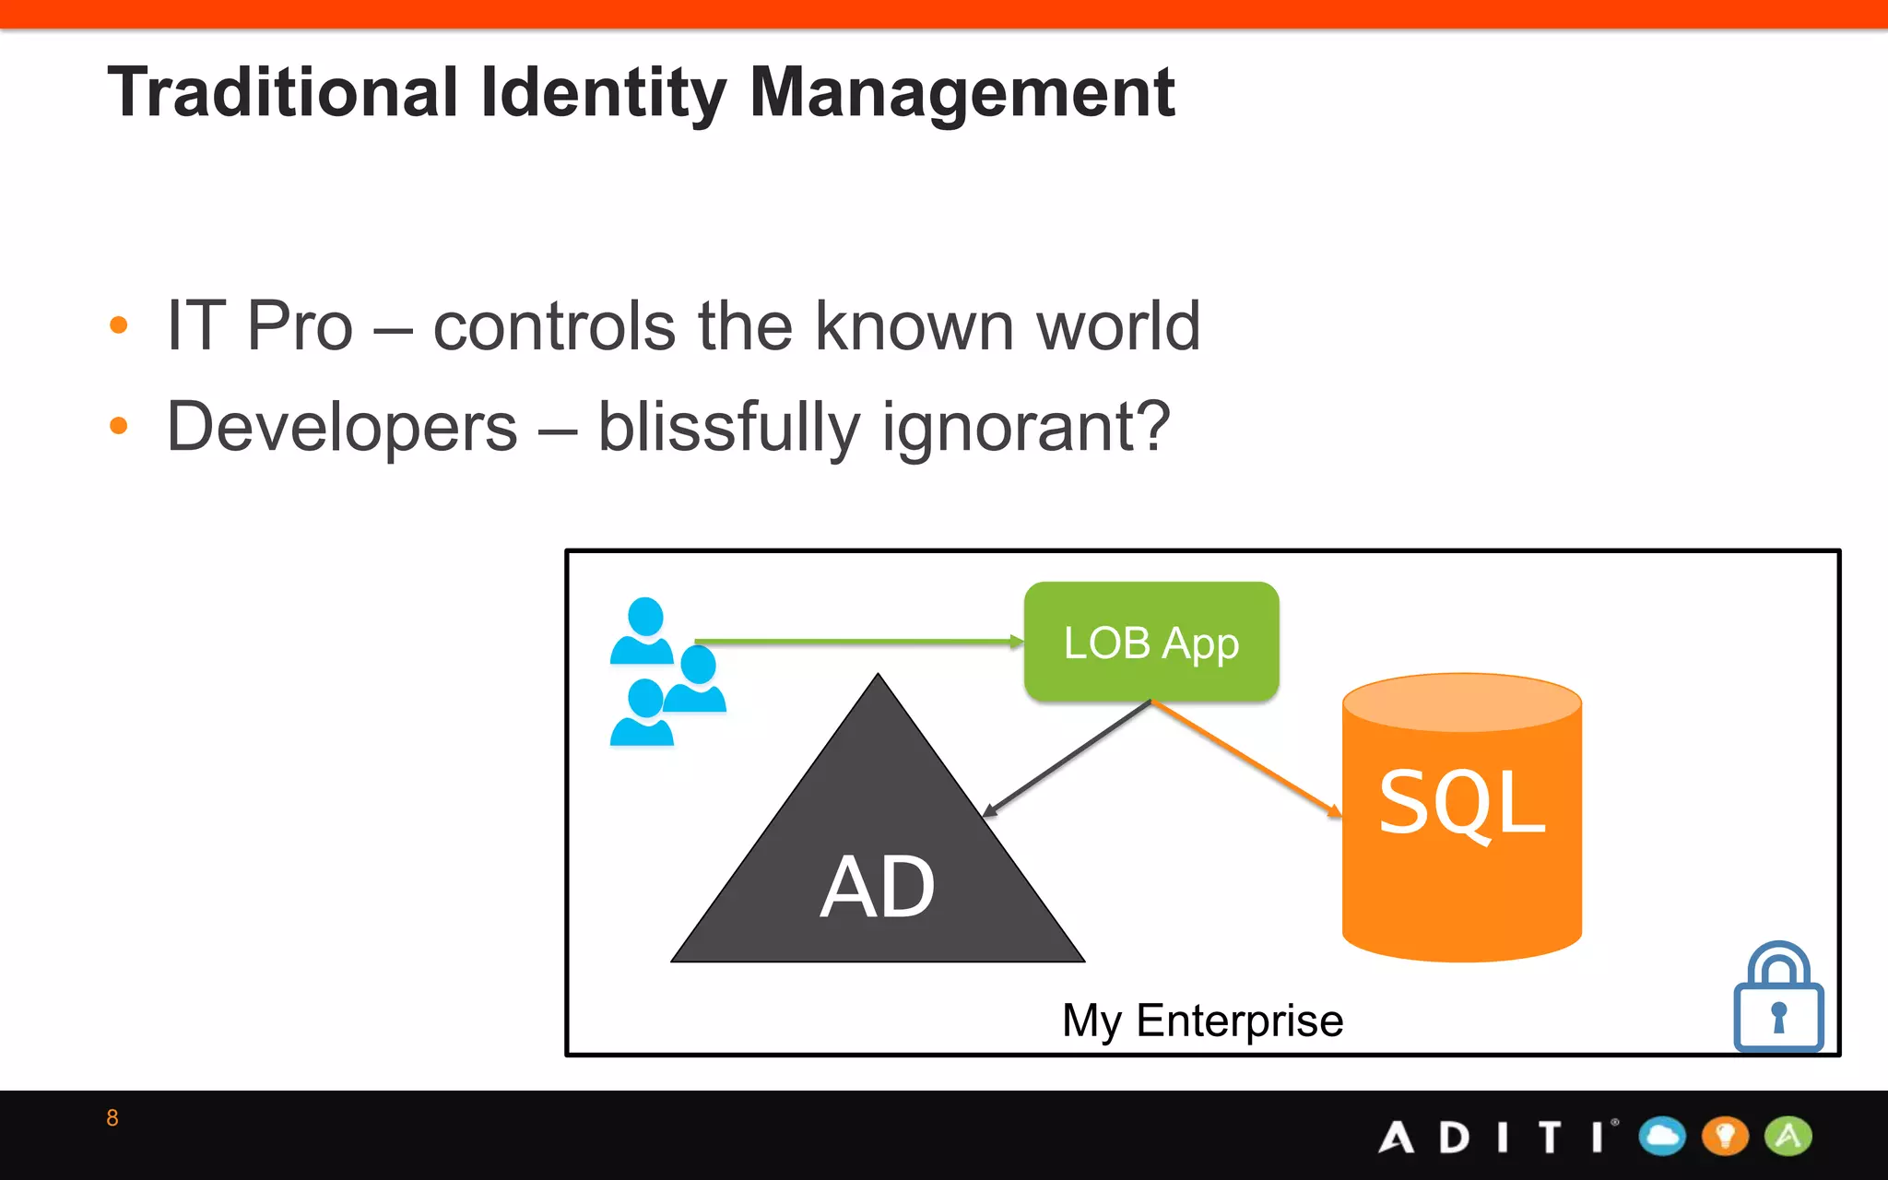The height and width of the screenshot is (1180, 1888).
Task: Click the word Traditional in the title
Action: pos(282,92)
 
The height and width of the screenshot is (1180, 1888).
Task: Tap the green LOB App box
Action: pos(1150,642)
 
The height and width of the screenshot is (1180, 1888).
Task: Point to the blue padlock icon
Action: pos(1778,1000)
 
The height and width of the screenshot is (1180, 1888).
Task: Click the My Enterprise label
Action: pos(1202,1021)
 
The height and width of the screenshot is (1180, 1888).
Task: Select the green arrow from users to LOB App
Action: pos(857,641)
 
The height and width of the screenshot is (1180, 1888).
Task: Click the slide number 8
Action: pos(112,1118)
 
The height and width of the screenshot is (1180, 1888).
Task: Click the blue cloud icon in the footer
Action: pos(1662,1136)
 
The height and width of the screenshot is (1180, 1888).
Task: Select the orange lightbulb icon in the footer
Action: pos(1725,1136)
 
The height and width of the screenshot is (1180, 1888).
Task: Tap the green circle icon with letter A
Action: pos(1788,1136)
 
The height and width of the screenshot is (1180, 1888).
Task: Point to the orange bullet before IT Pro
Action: pos(118,325)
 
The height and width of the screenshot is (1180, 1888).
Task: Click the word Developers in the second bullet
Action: pos(342,428)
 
